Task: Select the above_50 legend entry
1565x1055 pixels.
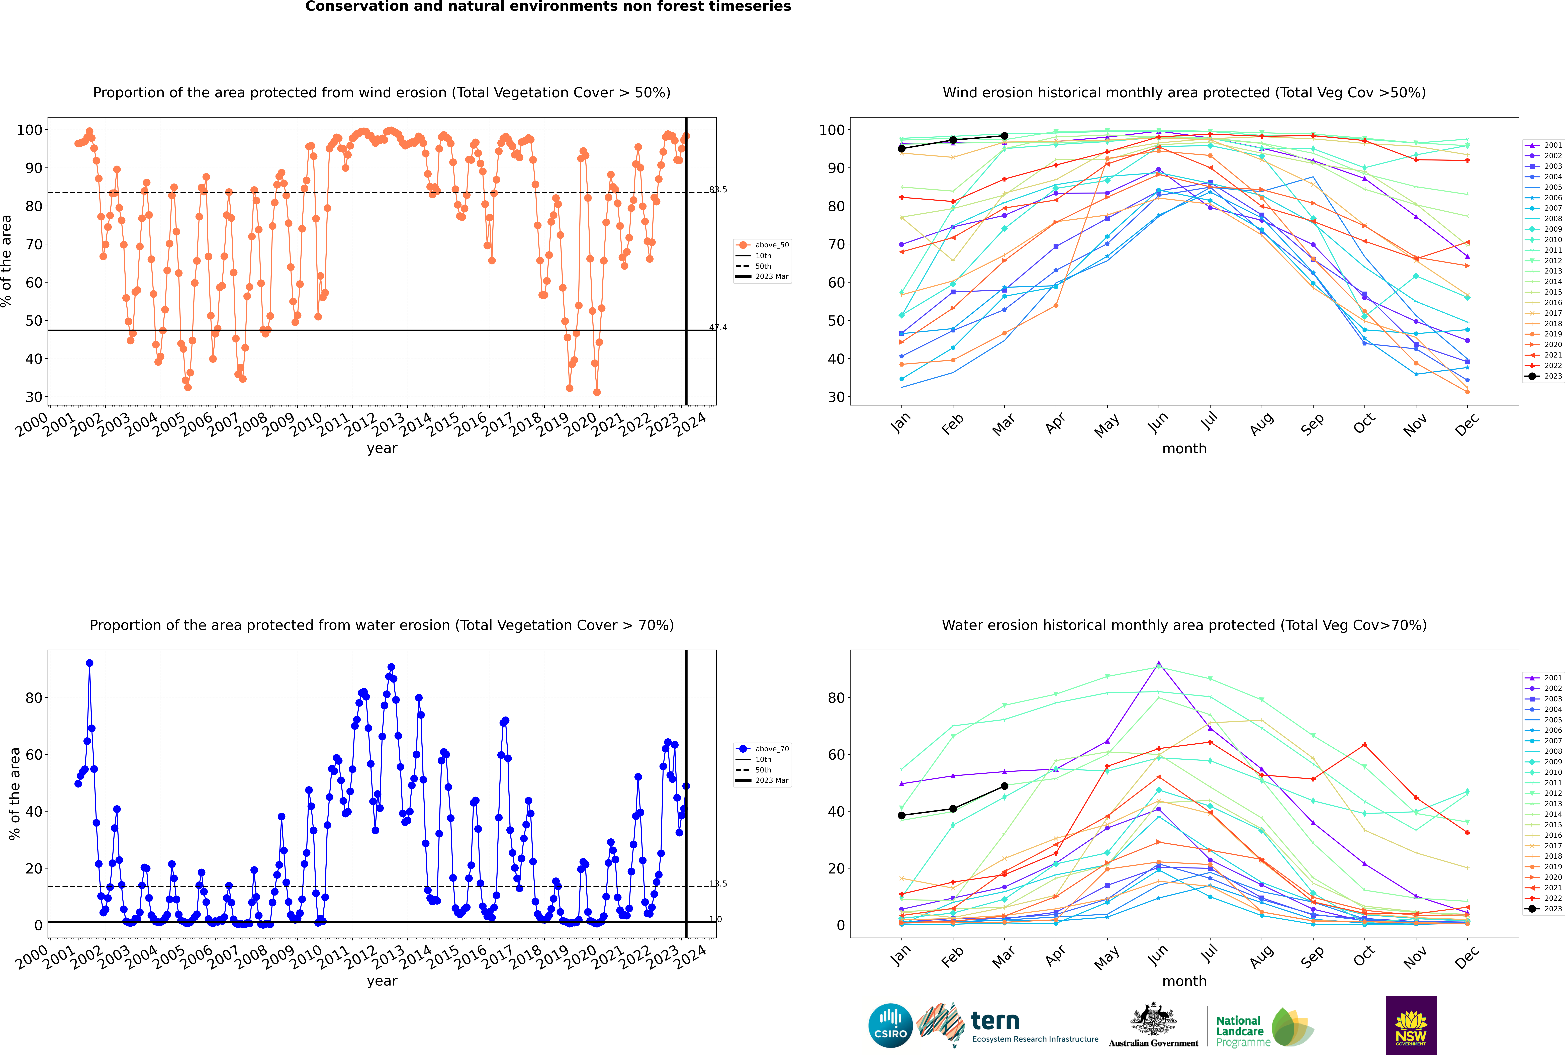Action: click(762, 245)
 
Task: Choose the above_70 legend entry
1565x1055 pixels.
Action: click(762, 749)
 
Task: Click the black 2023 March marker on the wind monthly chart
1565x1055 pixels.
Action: click(1004, 136)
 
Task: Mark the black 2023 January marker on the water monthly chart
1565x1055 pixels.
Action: click(902, 816)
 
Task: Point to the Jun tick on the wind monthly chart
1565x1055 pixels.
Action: click(1159, 421)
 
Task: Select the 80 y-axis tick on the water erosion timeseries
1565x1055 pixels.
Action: click(34, 698)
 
